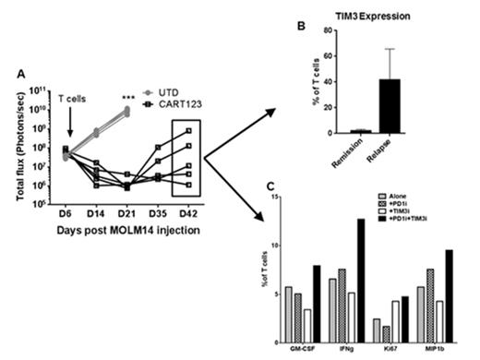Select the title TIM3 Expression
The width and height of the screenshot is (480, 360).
pyautogui.click(x=380, y=17)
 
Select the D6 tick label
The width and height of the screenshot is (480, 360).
pyautogui.click(x=66, y=214)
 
